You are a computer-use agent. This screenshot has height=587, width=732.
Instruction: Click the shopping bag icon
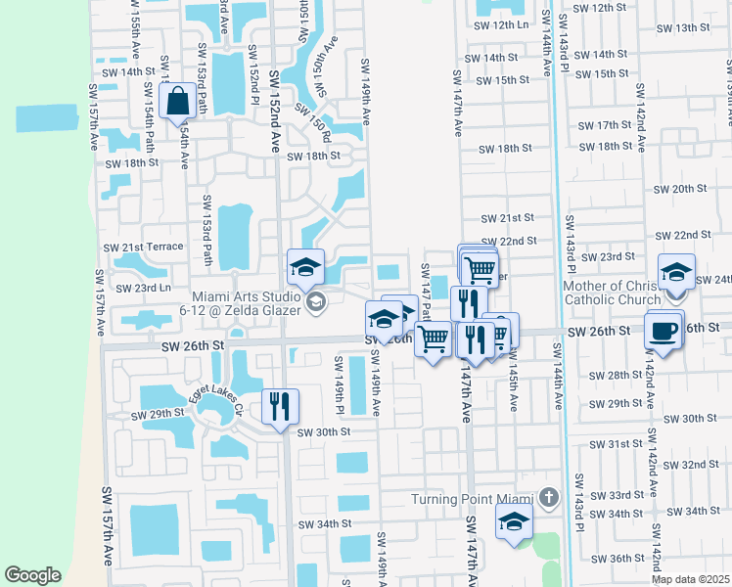click(178, 101)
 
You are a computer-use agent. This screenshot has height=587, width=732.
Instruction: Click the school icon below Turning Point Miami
click(514, 521)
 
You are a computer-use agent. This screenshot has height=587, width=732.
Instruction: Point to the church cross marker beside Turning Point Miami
click(548, 498)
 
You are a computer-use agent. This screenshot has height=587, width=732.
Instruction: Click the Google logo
click(33, 574)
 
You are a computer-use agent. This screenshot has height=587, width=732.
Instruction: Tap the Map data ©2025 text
click(690, 579)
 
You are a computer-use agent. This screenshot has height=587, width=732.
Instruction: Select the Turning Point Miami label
click(470, 498)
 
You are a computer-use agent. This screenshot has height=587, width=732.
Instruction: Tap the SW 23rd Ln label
click(143, 289)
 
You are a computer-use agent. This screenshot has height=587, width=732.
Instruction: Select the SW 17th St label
click(605, 125)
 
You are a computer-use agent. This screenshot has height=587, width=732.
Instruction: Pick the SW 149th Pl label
click(338, 386)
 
